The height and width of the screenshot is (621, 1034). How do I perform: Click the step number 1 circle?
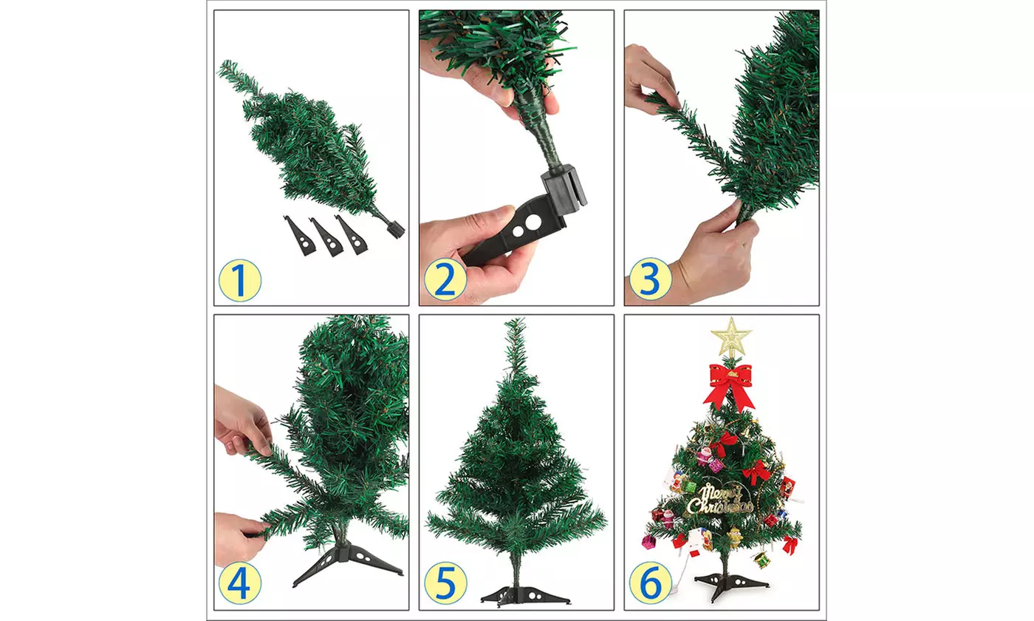[239, 280]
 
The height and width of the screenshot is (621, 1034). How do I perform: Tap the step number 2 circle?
[445, 280]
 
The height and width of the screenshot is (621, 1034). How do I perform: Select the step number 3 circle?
[651, 279]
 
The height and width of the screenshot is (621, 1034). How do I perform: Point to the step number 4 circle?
[239, 583]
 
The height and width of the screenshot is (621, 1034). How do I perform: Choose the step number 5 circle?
[445, 583]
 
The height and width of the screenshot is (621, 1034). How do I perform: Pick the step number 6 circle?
[651, 583]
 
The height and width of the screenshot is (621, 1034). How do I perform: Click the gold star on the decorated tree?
[731, 337]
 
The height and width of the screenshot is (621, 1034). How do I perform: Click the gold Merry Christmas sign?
[721, 500]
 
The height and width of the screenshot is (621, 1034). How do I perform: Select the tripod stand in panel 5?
[526, 595]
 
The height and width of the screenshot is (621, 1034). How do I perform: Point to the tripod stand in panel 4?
[347, 563]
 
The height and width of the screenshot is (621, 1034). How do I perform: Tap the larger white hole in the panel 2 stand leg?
[533, 223]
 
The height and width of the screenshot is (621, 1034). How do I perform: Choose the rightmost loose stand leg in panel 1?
[352, 235]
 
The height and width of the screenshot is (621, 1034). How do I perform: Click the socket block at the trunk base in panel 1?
[395, 228]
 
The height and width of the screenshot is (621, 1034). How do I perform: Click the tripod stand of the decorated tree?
[730, 585]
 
